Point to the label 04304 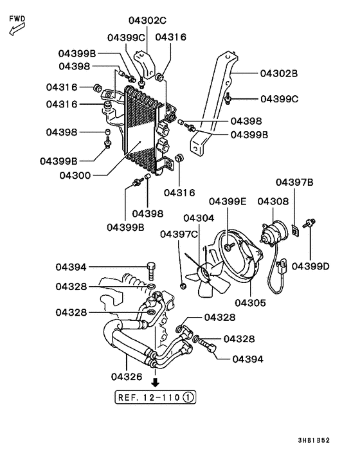(199, 218)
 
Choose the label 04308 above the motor (273, 201)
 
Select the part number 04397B (294, 183)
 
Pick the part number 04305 (250, 302)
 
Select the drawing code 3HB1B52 (314, 440)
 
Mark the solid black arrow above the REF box (154, 382)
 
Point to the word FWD (17, 19)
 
